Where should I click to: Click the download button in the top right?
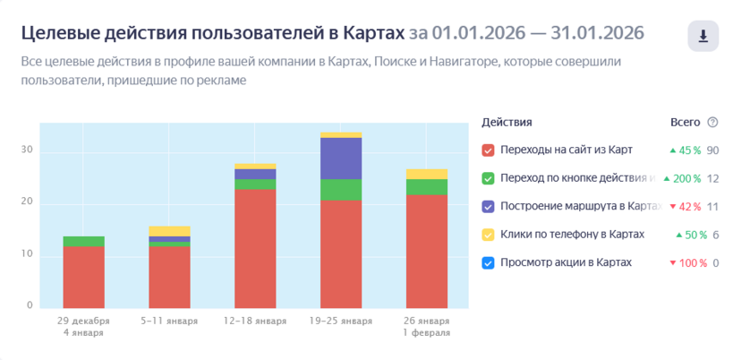point(703,36)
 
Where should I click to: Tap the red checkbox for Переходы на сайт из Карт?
point(488,150)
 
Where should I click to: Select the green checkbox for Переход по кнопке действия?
point(488,178)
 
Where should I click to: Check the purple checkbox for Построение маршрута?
point(488,207)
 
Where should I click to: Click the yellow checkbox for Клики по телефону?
point(488,235)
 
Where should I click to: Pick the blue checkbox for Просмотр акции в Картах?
point(488,263)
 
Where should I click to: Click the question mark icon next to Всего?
point(712,123)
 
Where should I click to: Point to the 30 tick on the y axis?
point(28,150)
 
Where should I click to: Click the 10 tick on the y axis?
point(28,254)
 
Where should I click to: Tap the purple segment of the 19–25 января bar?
point(340,159)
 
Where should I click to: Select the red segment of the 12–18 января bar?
point(254,248)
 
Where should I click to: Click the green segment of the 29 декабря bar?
point(83,242)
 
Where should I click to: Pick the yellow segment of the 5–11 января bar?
point(169,231)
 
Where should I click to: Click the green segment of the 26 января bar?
point(426,186)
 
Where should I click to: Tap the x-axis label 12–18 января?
point(254,321)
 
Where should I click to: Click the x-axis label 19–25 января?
point(340,321)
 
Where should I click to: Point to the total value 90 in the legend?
point(712,150)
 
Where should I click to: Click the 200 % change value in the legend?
point(686,179)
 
